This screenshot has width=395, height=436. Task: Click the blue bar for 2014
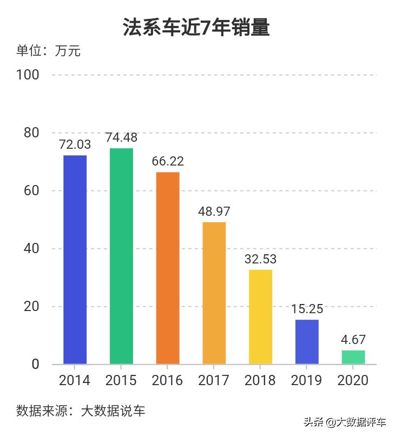pos(75,260)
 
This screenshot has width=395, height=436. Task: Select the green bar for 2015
pos(121,256)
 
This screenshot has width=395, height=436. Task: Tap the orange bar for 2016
pos(168,268)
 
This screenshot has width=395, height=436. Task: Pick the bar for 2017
pos(214,293)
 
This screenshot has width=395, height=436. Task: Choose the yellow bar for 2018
pos(260,316)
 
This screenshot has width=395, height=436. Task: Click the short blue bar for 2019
pos(307,342)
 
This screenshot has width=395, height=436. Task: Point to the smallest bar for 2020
pos(353,357)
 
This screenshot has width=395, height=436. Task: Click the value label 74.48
pos(121,137)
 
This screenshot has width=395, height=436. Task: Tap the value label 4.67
pos(353,340)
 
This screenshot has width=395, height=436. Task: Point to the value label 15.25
pos(307,309)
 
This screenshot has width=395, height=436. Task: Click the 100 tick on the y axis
pos(28,75)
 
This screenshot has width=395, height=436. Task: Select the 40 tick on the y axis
pos(31,249)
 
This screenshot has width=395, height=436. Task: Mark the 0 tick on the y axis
pos(35,364)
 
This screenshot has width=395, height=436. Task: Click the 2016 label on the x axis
pos(168,380)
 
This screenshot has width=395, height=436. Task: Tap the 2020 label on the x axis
pos(353,380)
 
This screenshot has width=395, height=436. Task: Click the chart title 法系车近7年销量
pos(196,27)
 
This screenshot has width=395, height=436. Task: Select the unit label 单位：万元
pos(48,51)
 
